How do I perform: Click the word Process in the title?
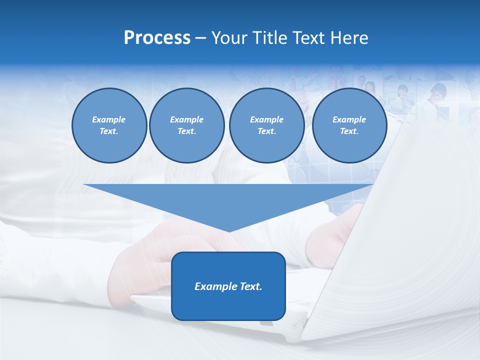[x=157, y=38]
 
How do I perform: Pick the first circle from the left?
[x=109, y=125]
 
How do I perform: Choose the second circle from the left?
[x=186, y=125]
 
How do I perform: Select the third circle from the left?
[x=266, y=125]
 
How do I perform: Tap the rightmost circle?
[x=349, y=125]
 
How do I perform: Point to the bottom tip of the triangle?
[x=229, y=231]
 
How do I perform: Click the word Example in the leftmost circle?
[x=109, y=119]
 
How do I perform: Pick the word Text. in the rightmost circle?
[x=349, y=131]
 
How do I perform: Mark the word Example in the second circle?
[x=186, y=119]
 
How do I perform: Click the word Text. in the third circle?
[x=266, y=131]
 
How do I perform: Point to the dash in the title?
[x=200, y=38]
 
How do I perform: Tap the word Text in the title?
[x=307, y=38]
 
